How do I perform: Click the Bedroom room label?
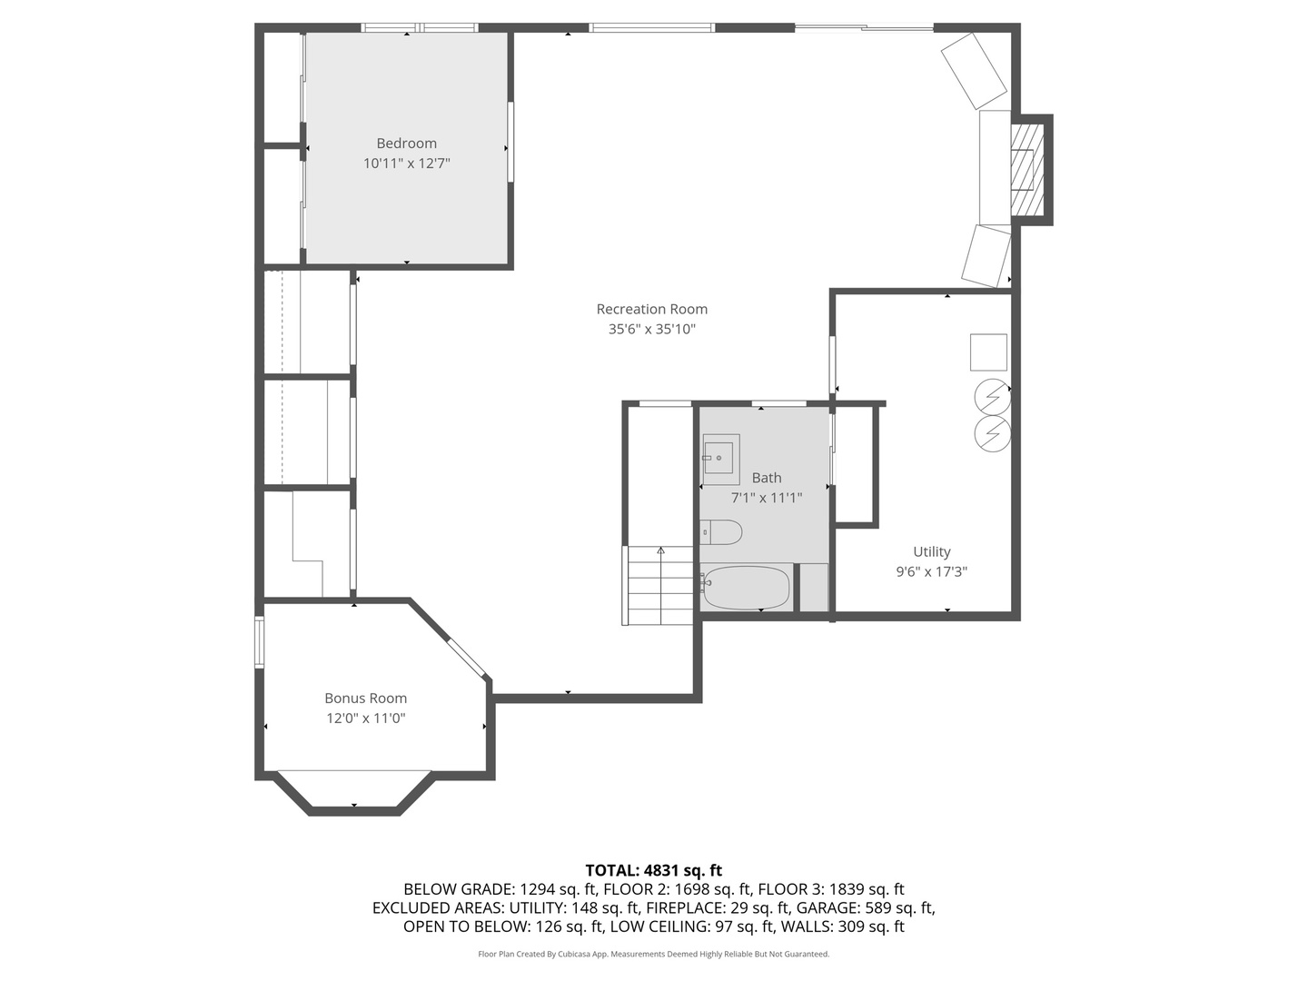click(406, 144)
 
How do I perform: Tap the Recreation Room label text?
click(651, 310)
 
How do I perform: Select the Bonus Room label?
click(365, 699)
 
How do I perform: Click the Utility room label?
click(931, 551)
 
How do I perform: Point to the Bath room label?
click(766, 478)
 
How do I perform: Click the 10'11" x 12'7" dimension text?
click(406, 164)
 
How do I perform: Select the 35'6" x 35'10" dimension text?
click(651, 330)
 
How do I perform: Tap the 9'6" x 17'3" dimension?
click(931, 572)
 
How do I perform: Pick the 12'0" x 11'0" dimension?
click(365, 718)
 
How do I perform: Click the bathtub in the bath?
click(746, 588)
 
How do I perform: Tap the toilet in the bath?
click(721, 532)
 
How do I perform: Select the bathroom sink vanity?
click(720, 459)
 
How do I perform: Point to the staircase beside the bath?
click(659, 586)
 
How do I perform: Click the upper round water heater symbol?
click(992, 397)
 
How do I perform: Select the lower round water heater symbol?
click(992, 433)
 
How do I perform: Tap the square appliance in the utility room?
click(988, 352)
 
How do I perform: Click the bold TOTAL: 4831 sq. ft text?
click(653, 870)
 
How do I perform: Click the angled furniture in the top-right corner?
click(974, 71)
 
